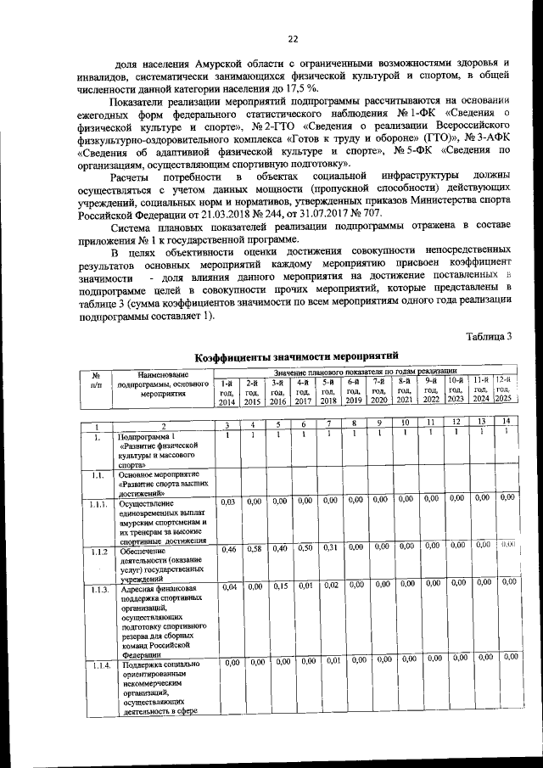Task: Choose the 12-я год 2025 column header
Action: pos(504,391)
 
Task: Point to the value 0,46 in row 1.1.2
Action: pos(227,550)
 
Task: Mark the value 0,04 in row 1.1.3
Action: pos(228,586)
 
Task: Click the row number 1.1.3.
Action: pos(100,588)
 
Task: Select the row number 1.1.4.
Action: pos(100,664)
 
